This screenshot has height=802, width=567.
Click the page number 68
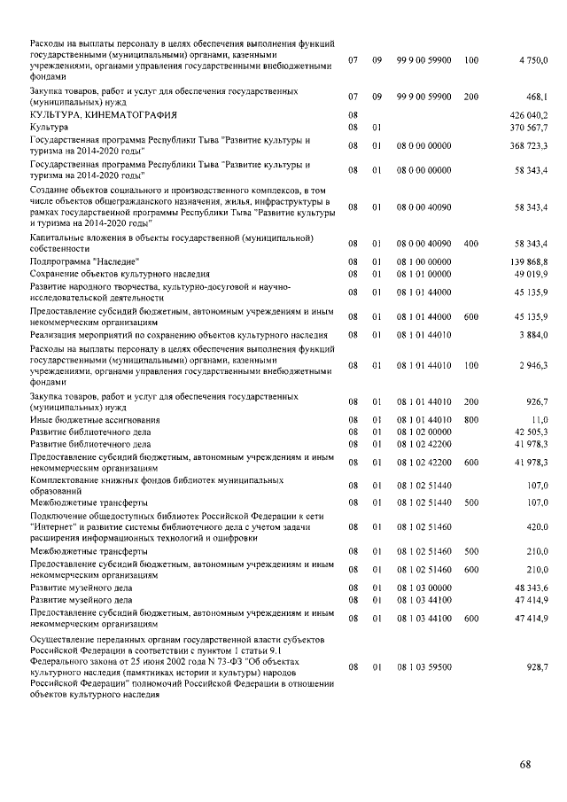tap(525, 765)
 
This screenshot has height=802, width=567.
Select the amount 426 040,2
tap(529, 115)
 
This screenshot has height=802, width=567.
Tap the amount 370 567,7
tap(529, 128)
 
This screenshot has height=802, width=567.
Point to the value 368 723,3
tap(529, 145)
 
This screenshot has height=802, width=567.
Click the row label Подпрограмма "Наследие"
tap(84, 262)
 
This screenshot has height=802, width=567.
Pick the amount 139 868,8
tap(529, 262)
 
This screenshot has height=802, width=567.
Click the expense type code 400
tap(470, 243)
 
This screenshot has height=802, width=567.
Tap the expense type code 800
tap(470, 419)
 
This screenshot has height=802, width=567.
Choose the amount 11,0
tap(538, 419)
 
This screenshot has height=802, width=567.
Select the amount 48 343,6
tap(531, 588)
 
